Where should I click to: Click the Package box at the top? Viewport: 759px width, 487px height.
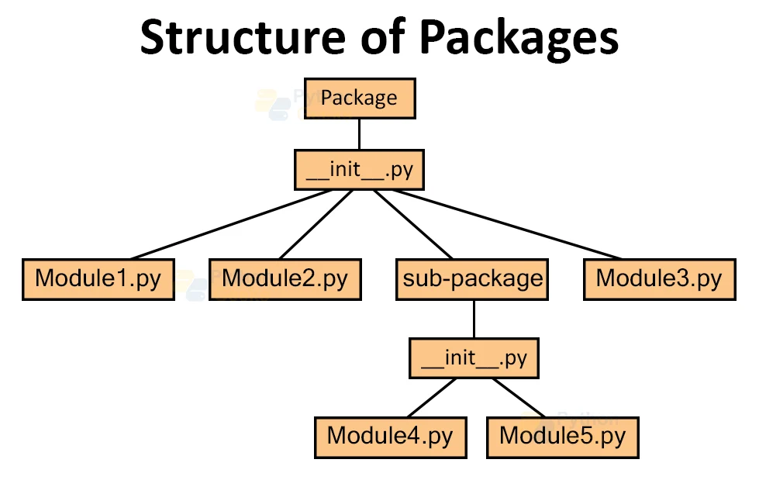tap(359, 98)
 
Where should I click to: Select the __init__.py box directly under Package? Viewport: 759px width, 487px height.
tap(359, 170)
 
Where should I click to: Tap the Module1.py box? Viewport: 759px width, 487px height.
tap(98, 279)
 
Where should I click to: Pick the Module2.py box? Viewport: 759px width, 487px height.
tap(285, 279)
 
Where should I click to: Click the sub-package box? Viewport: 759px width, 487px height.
tap(472, 279)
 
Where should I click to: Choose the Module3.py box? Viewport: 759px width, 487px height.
tap(658, 279)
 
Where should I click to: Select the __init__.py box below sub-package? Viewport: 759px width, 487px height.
tap(473, 359)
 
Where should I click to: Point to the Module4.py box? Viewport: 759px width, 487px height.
tap(389, 437)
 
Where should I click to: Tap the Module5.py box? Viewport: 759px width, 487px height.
tap(562, 437)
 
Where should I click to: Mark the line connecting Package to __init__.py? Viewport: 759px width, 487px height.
tap(359, 133)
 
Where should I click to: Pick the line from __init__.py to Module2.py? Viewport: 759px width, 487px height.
tap(316, 224)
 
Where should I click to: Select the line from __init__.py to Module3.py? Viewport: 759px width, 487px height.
tap(512, 224)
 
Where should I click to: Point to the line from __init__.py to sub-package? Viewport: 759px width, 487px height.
tap(413, 224)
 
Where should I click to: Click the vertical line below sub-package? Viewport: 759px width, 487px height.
tap(473, 319)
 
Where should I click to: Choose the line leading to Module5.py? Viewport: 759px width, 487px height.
tap(521, 397)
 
